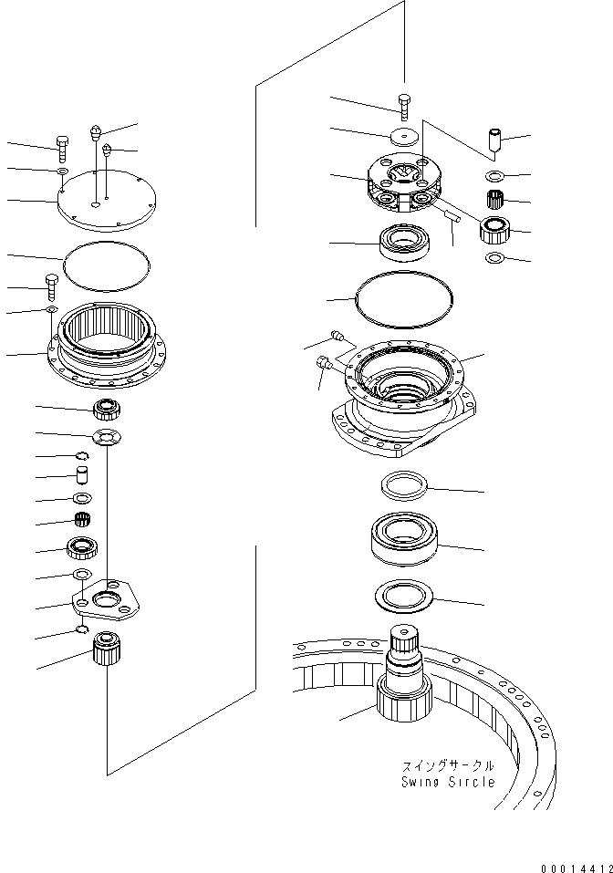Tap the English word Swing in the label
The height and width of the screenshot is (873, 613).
pyautogui.click(x=422, y=782)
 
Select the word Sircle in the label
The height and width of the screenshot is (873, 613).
pyautogui.click(x=473, y=782)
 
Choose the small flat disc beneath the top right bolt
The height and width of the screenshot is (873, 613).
pyautogui.click(x=403, y=136)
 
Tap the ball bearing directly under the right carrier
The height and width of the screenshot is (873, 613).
pyautogui.click(x=402, y=243)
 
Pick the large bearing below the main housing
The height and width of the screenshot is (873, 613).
pyautogui.click(x=404, y=541)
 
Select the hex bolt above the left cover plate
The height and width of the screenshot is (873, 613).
pyautogui.click(x=62, y=145)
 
